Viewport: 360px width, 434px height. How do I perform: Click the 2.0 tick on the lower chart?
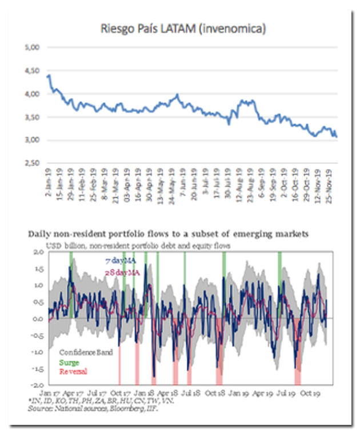point(38,252)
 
